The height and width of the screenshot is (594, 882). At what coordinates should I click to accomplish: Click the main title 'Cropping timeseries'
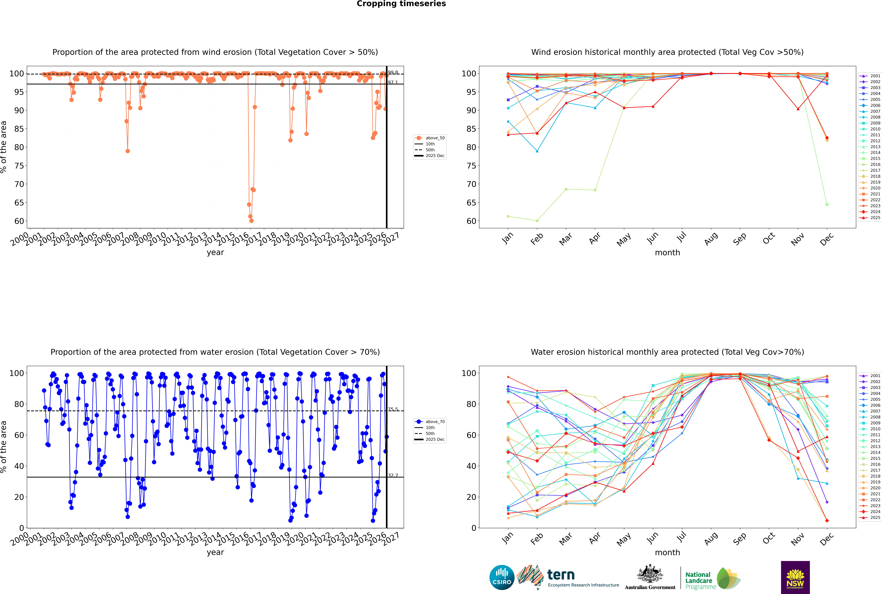point(401,4)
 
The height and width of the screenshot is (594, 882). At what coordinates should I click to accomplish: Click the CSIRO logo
point(502,577)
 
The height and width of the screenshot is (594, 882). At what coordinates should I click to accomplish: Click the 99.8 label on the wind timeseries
point(393,72)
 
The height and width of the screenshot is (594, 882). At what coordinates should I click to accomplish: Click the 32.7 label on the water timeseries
point(393,475)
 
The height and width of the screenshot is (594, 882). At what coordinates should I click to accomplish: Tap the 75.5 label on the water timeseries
point(393,409)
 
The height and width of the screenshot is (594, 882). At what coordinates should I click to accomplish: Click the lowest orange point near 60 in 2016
point(251,220)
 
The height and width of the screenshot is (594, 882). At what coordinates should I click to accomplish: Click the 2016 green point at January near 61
point(508,216)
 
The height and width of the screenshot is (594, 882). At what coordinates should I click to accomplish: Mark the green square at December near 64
point(827,205)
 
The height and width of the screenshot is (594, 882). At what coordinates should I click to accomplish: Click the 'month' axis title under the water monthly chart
point(667,552)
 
